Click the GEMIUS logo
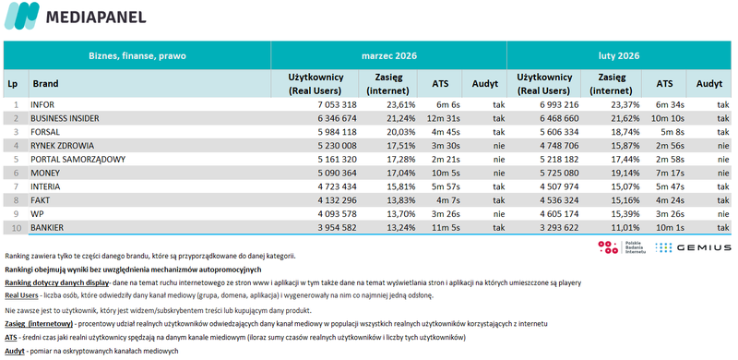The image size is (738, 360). point(693,247)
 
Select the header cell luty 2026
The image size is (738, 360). point(617,55)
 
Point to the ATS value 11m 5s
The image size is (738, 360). point(443,226)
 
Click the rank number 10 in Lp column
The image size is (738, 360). point(15,226)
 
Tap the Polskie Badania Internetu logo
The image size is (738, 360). point(619,247)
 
